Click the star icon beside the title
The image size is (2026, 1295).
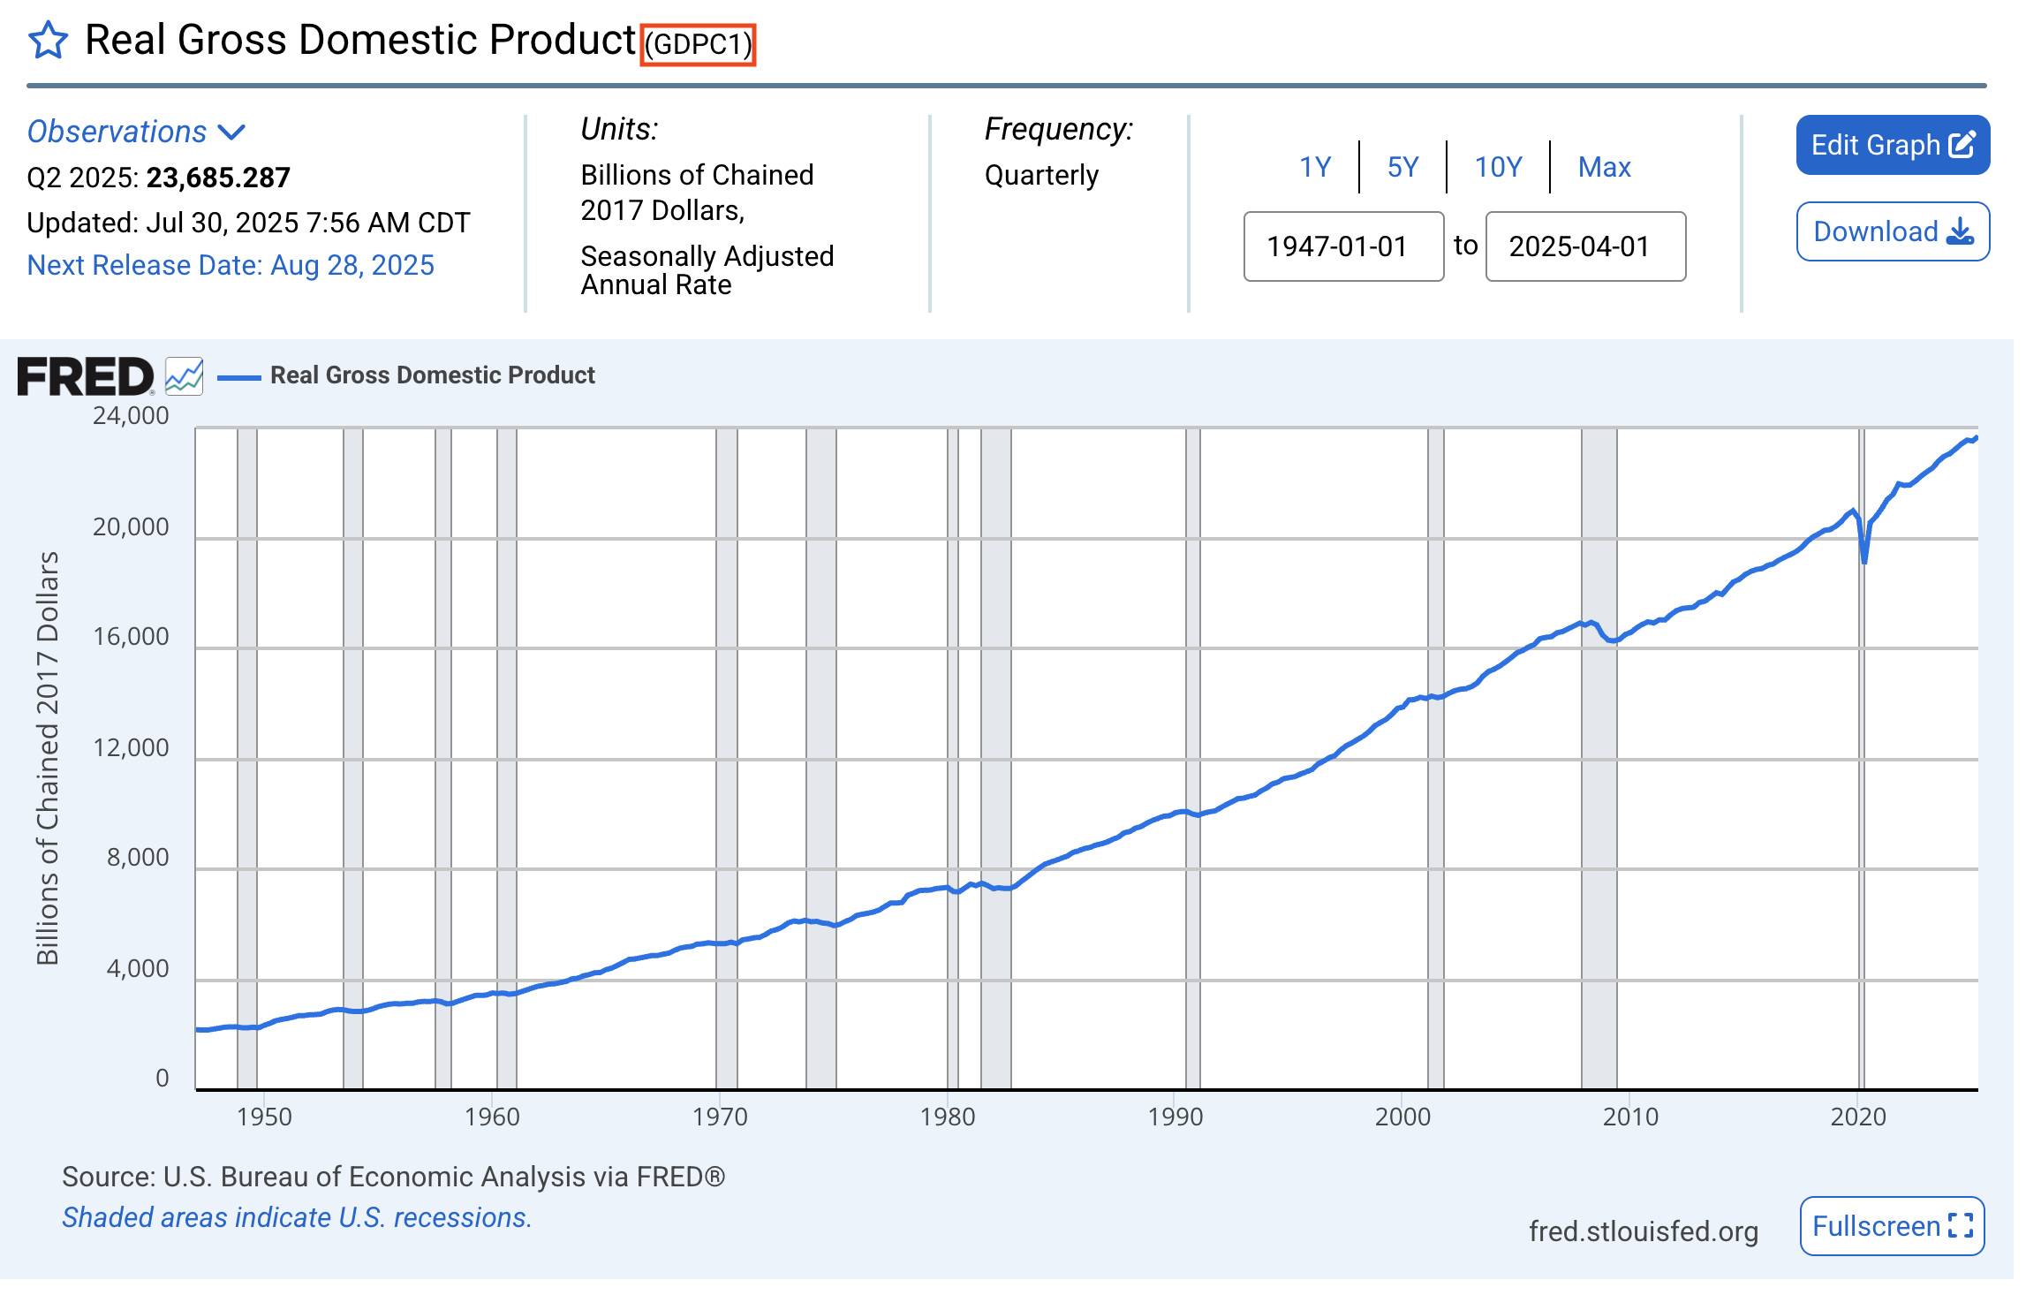click(x=48, y=41)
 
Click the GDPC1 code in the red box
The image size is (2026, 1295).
click(x=698, y=44)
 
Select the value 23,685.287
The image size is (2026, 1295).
click(x=218, y=178)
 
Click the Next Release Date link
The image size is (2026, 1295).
click(x=231, y=265)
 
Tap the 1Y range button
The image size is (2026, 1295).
click(x=1315, y=167)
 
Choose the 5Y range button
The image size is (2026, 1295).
click(x=1402, y=167)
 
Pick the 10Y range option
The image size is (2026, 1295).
click(x=1498, y=167)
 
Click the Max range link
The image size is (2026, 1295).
click(x=1604, y=167)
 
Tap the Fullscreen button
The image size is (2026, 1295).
click(x=1892, y=1226)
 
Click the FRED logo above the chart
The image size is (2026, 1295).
click(x=86, y=377)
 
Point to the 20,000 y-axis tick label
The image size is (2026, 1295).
click(x=131, y=527)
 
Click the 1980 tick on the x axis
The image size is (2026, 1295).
click(x=948, y=1117)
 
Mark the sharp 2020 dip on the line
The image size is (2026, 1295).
click(x=1863, y=561)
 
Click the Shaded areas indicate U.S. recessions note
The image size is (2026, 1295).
click(x=297, y=1217)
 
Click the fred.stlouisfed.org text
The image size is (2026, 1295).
click(x=1643, y=1231)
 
